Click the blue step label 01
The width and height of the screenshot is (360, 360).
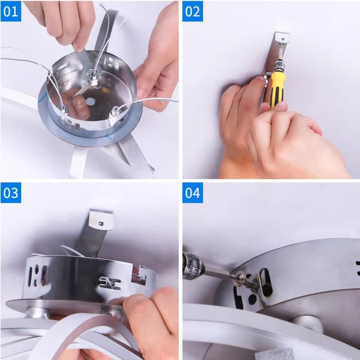[11, 11]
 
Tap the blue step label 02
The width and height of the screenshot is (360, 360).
[193, 11]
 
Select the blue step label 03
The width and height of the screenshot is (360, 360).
[11, 193]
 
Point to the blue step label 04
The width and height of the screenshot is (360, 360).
[193, 193]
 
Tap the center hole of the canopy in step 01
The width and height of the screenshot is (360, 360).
[90, 101]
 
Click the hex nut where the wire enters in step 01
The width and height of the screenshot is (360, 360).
[92, 77]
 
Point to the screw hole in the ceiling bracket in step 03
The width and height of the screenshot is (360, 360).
[101, 223]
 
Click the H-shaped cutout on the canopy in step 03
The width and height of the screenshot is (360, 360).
[110, 283]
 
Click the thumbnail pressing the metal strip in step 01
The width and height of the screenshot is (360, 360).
[79, 48]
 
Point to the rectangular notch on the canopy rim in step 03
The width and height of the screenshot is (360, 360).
[139, 275]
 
